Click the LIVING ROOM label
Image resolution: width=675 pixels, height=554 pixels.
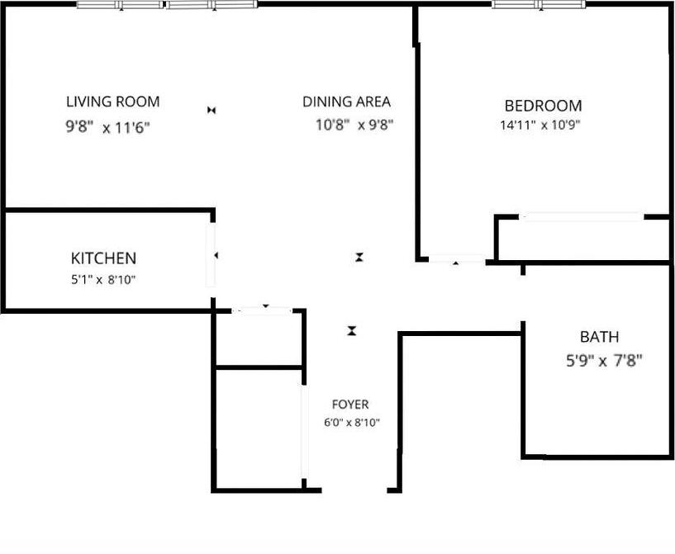click(x=112, y=102)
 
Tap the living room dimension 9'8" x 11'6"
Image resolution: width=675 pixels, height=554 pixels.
click(x=107, y=128)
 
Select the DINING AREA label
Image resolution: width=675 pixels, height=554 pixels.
click(x=346, y=102)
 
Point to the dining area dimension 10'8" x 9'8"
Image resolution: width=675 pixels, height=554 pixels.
click(x=354, y=125)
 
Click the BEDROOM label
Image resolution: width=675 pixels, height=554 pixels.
click(x=543, y=106)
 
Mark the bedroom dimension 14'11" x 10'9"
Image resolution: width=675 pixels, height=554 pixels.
click(x=541, y=126)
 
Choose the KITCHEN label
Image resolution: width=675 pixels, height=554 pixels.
click(x=103, y=258)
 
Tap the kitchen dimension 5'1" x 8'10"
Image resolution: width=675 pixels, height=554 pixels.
click(x=103, y=279)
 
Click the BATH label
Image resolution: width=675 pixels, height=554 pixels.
click(x=599, y=337)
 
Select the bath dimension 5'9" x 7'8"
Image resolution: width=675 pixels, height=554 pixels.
click(x=600, y=360)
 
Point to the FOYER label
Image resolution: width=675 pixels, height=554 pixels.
click(x=350, y=405)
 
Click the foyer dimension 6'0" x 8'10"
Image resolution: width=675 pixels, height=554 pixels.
click(x=351, y=423)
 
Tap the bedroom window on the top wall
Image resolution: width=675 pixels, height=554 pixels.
click(x=539, y=5)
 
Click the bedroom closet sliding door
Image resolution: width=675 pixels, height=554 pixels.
click(x=582, y=217)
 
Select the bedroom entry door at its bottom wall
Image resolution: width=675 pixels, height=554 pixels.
click(x=456, y=260)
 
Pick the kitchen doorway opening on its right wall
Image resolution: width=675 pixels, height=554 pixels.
click(x=211, y=256)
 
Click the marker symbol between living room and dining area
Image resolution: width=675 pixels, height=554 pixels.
click(x=212, y=110)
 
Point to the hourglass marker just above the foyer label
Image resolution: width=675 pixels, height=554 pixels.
click(x=352, y=331)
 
